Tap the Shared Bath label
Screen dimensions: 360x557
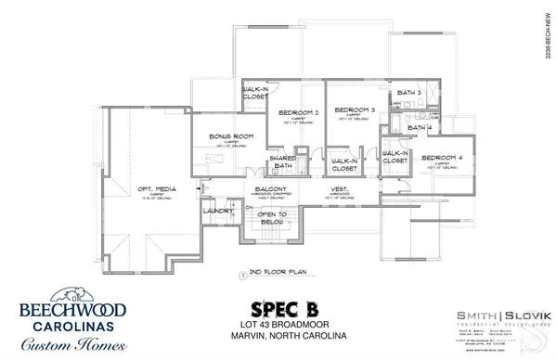coord(282,162)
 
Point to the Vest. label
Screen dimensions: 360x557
coord(339,190)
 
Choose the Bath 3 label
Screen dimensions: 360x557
coord(409,93)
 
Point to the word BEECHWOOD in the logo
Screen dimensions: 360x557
coord(74,309)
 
